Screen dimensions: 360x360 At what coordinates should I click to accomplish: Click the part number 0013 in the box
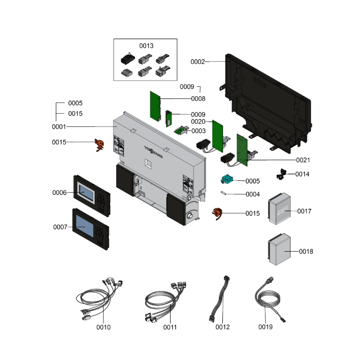click(146, 46)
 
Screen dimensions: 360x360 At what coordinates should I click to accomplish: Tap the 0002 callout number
click(198, 62)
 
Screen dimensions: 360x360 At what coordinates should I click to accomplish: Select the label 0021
click(303, 160)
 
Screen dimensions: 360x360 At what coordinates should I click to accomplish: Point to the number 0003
click(198, 131)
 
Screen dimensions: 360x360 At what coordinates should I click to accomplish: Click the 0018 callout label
click(306, 252)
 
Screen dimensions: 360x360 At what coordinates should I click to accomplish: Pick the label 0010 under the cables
click(103, 327)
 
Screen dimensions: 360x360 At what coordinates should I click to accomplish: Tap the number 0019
click(265, 327)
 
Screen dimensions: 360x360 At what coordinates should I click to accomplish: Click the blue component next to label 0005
click(226, 180)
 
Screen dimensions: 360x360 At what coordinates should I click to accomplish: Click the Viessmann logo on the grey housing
click(153, 151)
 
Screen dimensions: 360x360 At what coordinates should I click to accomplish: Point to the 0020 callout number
click(198, 121)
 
